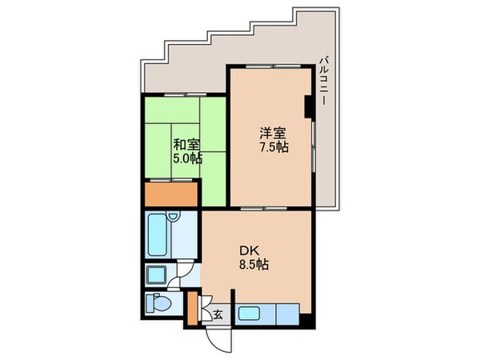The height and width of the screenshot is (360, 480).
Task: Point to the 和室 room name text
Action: click(186, 145)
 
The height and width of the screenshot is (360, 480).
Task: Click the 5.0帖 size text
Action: click(186, 158)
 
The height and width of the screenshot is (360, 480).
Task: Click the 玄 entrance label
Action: click(217, 314)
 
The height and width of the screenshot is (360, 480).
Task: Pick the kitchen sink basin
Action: click(255, 313)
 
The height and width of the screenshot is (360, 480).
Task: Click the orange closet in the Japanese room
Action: click(170, 194)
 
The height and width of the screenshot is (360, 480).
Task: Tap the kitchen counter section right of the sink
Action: click(286, 313)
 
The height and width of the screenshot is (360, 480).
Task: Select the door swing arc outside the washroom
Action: click(184, 272)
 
